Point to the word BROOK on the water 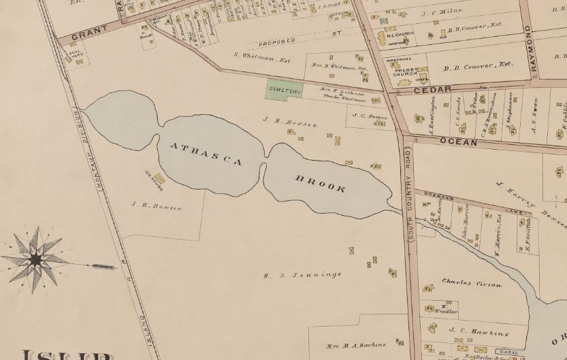pos(320,184)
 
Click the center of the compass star pos(35,259)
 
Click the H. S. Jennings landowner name pos(302,275)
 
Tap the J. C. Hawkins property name pos(470,333)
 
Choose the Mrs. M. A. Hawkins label pos(356,345)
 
